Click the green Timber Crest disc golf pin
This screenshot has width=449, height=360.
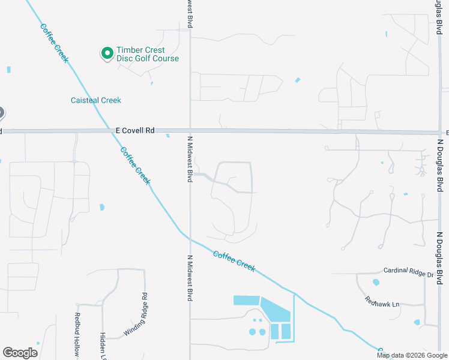coord(107,53)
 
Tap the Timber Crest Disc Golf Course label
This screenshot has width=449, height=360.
coord(148,55)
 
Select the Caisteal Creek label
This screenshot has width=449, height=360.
coord(96,100)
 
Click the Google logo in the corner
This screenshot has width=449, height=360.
coord(20,353)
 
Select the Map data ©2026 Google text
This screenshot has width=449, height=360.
coord(412,355)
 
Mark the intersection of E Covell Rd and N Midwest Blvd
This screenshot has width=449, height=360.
coord(190,131)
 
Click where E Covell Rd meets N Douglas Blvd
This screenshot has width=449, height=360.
coord(437,132)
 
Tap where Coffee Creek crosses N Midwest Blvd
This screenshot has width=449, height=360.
coord(190,238)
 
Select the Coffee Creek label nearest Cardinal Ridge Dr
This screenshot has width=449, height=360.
coord(234,261)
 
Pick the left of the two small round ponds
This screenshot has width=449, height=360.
coord(253,332)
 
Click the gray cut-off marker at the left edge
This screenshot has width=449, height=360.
coord(1,113)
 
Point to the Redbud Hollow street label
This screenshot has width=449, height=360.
coord(77,336)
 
